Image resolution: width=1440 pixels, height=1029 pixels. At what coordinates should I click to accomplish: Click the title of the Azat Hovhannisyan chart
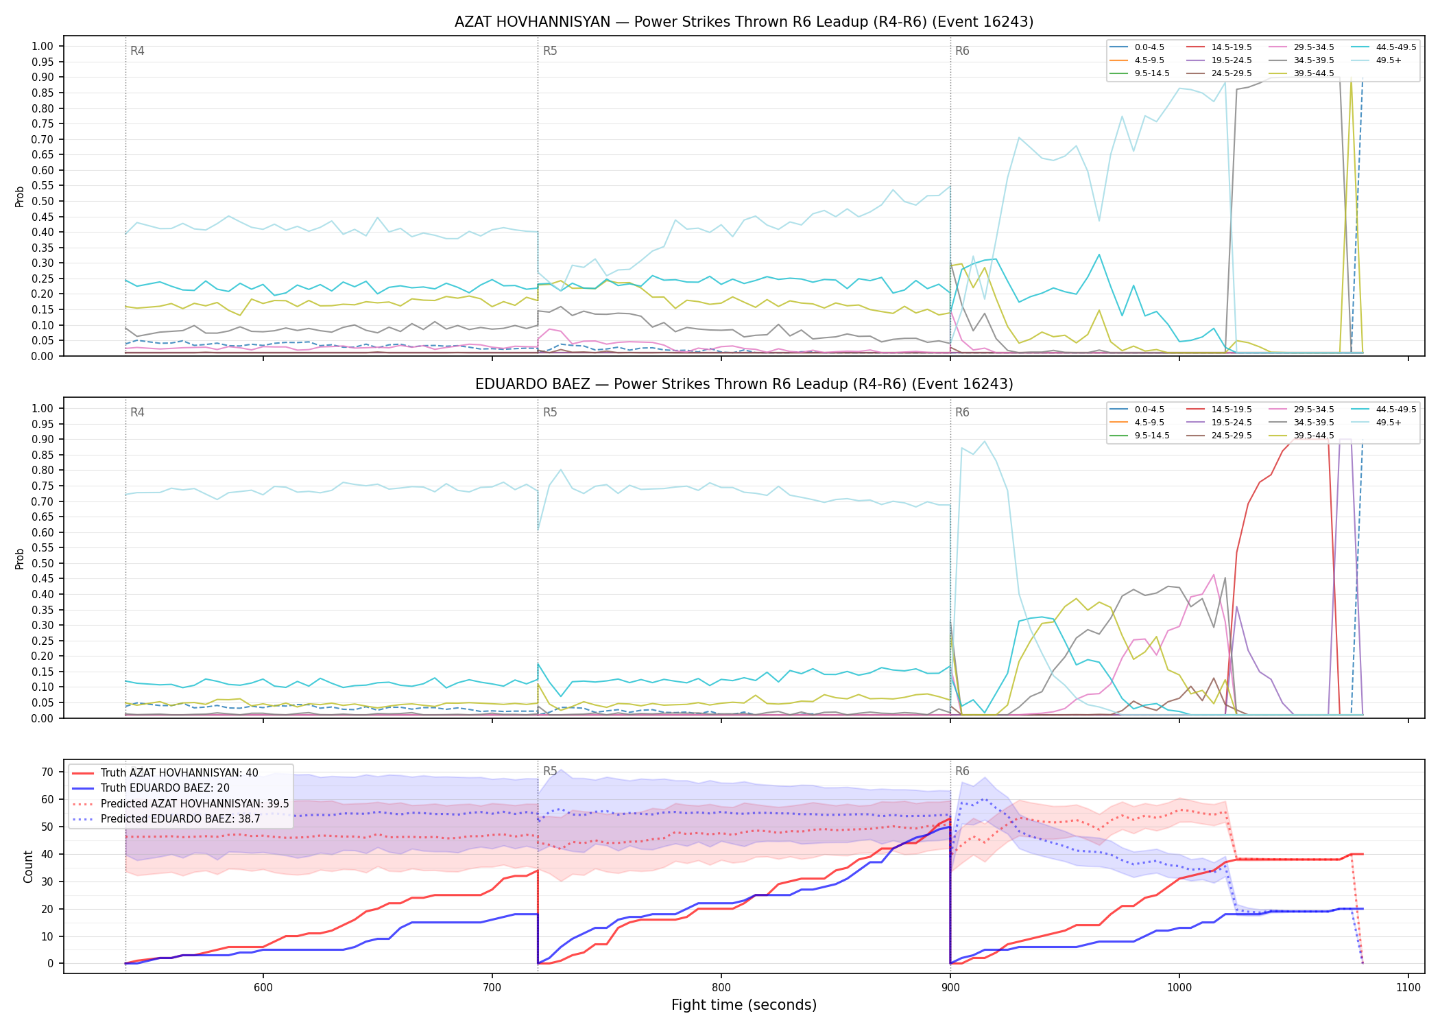pos(744,22)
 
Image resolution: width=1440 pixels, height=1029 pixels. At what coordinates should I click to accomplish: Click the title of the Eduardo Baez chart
pos(744,384)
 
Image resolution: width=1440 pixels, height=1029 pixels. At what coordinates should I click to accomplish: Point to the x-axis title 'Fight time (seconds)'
pos(744,1005)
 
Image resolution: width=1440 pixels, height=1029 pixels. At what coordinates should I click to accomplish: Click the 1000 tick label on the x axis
pos(1179,987)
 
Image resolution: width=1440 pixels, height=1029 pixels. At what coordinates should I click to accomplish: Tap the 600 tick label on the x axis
pos(263,987)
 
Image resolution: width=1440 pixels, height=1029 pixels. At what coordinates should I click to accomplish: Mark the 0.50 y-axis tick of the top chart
pos(43,201)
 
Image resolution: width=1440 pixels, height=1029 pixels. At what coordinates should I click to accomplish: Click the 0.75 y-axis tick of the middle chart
pos(43,486)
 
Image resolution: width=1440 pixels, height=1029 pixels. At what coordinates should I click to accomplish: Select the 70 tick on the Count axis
pos(47,772)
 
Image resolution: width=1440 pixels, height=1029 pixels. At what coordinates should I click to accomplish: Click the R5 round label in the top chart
pos(550,51)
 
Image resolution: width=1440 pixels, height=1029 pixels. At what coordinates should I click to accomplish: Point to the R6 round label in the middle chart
pos(962,412)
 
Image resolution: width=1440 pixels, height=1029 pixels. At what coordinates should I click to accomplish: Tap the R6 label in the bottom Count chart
pos(962,771)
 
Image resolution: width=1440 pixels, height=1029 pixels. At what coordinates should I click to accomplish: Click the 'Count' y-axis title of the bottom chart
pos(28,866)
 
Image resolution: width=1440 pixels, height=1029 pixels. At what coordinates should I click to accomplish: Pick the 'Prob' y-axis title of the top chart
pos(20,196)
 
